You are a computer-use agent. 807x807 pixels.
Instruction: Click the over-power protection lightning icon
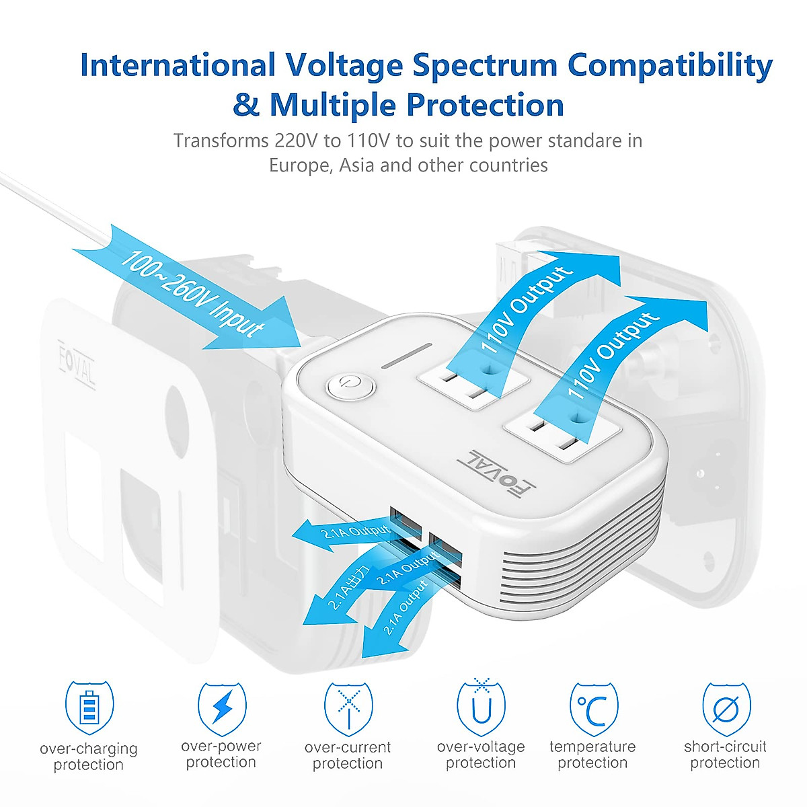tap(222, 707)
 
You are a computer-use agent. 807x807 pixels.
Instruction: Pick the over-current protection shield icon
tap(348, 707)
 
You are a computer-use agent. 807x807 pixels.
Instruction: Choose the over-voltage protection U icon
tap(481, 708)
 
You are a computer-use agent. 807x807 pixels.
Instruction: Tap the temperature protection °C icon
tap(593, 708)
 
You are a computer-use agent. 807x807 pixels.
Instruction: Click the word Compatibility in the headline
tap(670, 66)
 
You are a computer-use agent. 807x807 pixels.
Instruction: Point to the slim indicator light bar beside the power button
tap(407, 356)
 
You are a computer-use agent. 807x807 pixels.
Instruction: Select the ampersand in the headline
tap(246, 106)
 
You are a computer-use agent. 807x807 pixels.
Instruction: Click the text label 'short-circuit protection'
tap(725, 755)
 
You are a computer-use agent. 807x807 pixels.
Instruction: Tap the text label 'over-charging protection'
tap(89, 757)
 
